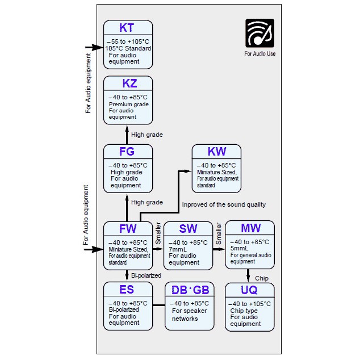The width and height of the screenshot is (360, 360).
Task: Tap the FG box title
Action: [x=127, y=152]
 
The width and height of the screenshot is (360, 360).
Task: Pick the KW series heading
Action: [x=217, y=152]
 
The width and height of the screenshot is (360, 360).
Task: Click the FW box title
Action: [x=127, y=229]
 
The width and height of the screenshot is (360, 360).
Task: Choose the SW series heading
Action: [x=188, y=229]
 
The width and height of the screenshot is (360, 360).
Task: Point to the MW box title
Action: [x=250, y=228]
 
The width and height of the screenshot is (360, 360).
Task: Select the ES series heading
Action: [x=127, y=290]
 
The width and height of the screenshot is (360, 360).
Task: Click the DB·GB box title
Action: [x=190, y=290]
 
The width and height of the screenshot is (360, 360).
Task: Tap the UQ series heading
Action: [x=249, y=290]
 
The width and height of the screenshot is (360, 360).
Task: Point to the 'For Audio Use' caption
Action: [x=259, y=55]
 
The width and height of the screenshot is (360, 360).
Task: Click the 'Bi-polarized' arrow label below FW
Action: [x=146, y=275]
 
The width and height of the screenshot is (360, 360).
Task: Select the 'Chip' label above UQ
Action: [x=262, y=278]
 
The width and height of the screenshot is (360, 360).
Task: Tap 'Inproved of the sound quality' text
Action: [x=224, y=204]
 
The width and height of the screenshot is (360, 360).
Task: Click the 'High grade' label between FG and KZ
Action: [x=147, y=135]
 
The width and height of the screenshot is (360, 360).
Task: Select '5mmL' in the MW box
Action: [x=240, y=248]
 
